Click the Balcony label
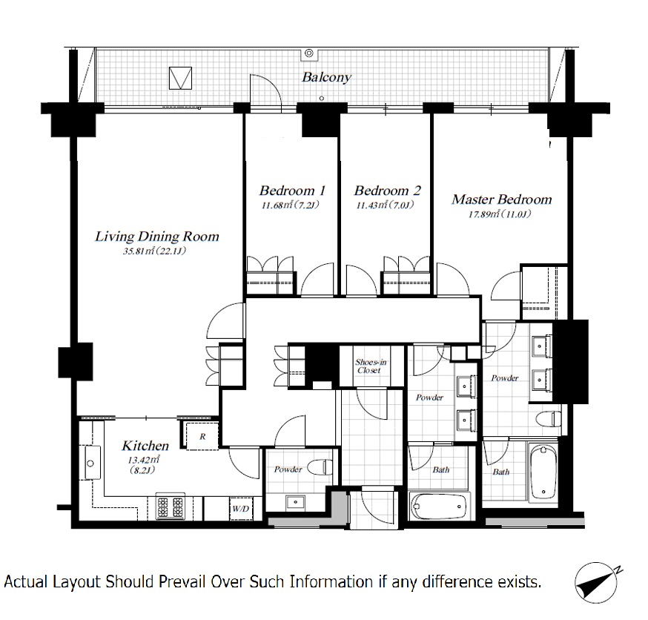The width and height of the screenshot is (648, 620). click(x=326, y=77)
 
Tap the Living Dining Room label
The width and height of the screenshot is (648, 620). click(x=157, y=237)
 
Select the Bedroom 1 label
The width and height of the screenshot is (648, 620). click(x=292, y=191)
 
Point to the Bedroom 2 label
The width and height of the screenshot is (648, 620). click(x=387, y=191)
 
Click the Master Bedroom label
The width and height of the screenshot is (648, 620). click(x=501, y=199)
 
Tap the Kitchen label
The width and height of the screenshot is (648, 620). click(x=145, y=446)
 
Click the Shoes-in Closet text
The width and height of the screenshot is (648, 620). click(x=371, y=366)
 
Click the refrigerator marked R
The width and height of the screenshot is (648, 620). click(x=202, y=436)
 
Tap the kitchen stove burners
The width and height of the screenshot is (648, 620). click(x=171, y=507)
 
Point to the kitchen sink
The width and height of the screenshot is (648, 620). click(x=90, y=463)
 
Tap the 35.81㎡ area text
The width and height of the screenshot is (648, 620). click(x=154, y=251)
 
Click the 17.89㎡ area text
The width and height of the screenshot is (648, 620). click(x=500, y=214)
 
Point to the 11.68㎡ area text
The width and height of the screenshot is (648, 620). click(x=291, y=205)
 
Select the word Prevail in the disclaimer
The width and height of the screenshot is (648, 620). click(x=182, y=582)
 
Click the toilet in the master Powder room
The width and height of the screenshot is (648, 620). click(x=549, y=420)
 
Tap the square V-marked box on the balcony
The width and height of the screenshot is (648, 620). click(x=181, y=78)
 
